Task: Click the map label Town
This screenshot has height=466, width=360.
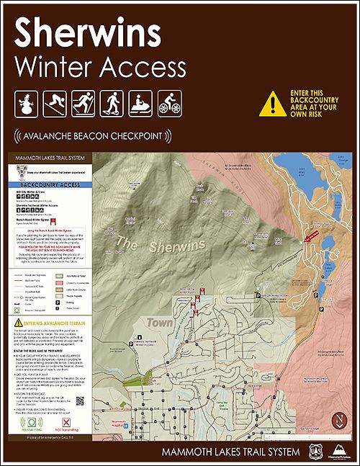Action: (x=158, y=323)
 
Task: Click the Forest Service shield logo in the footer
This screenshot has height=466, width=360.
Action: (x=311, y=452)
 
